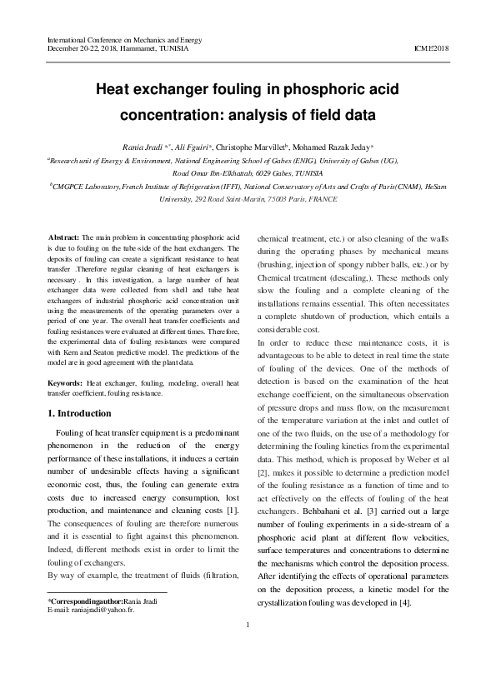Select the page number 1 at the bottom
click(x=248, y=650)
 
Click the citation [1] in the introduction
click(x=234, y=508)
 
